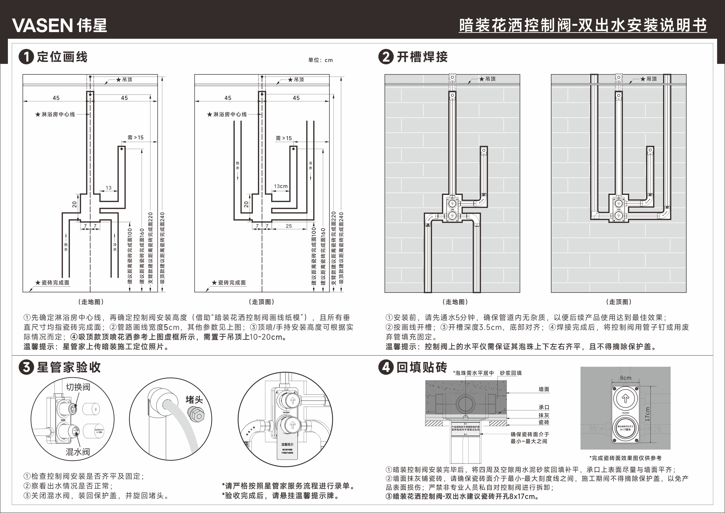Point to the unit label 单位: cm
[x=320, y=60]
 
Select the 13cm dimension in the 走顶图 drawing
[x=281, y=186]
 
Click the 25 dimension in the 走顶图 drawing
[x=289, y=226]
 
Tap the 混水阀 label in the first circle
[x=78, y=452]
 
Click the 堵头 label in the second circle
[x=194, y=400]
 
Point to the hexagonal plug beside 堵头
[x=196, y=414]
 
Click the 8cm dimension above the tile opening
[x=625, y=378]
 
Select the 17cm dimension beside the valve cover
[x=648, y=414]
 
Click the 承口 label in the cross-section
[x=544, y=408]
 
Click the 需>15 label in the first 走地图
[x=135, y=137]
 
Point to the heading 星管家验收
[x=69, y=367]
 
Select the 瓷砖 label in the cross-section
[x=544, y=422]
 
